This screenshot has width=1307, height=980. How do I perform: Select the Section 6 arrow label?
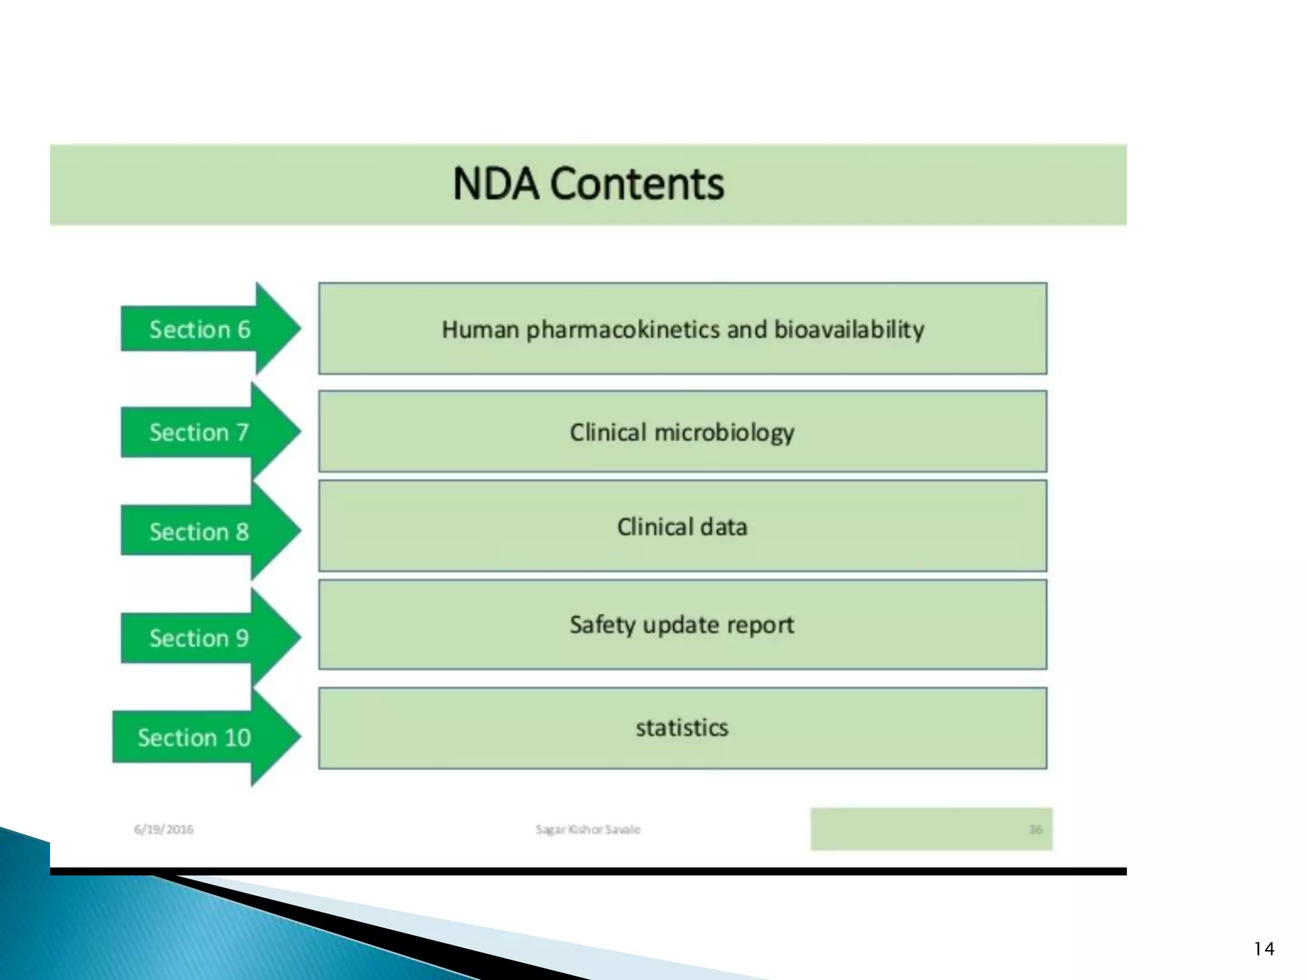tap(200, 330)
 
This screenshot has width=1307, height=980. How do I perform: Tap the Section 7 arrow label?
tap(198, 433)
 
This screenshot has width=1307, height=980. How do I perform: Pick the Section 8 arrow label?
tap(198, 532)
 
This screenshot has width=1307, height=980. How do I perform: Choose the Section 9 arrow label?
tap(198, 638)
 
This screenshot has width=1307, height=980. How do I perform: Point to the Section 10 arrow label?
tap(194, 738)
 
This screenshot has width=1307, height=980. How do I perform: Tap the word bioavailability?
tap(849, 330)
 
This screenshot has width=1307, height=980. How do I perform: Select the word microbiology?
tap(724, 433)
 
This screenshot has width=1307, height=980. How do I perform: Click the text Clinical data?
tap(682, 527)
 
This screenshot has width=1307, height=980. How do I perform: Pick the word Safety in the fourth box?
tap(602, 625)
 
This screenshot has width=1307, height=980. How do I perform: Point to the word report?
tap(762, 625)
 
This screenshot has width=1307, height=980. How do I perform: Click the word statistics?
tap(682, 728)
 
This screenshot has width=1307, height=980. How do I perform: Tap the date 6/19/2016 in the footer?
tap(163, 829)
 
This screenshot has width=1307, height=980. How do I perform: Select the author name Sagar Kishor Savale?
tap(588, 829)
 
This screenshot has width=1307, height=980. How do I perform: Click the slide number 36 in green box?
tap(1035, 829)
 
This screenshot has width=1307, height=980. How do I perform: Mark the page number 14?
tap(1264, 949)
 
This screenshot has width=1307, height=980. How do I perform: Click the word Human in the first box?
tap(480, 330)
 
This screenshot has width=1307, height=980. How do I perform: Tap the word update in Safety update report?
tap(678, 625)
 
